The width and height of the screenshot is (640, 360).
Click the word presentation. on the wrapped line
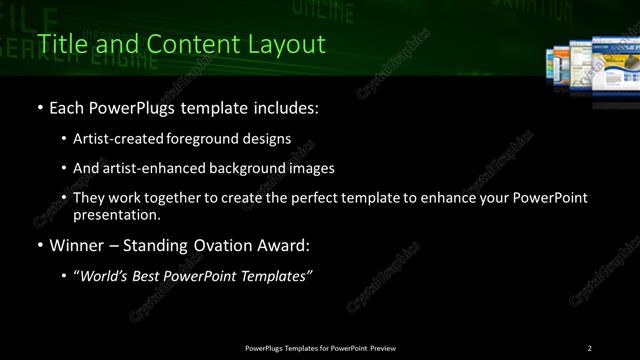coord(116,214)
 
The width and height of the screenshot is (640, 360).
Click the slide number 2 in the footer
coord(589,347)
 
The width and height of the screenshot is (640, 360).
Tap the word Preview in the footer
coord(382,347)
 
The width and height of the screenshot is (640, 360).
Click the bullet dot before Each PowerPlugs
coord(39,107)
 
